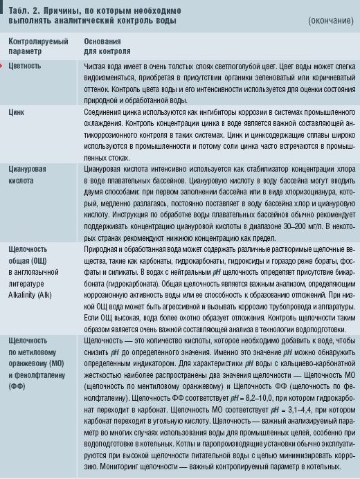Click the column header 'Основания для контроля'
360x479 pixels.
pos(107,46)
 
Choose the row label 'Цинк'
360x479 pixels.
pos(17,111)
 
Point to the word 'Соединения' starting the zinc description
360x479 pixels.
pos(105,111)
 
